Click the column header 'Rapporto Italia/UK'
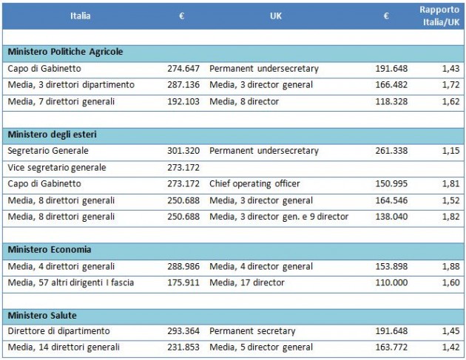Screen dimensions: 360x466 point(439,15)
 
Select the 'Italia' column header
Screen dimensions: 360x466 point(81,15)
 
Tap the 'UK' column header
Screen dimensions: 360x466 point(276,15)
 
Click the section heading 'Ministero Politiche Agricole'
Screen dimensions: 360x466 point(65,52)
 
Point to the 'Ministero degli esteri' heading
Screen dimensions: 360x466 point(53,135)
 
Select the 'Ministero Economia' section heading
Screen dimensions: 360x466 point(50,250)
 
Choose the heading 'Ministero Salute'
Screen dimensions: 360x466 point(42,316)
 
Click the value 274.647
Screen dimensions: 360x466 point(183,69)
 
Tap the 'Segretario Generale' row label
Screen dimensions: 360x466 point(49,151)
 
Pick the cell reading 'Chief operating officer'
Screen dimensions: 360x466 point(255,183)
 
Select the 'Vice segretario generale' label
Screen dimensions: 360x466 point(57,168)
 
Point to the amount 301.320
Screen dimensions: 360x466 point(183,151)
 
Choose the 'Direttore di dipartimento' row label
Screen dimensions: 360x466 point(58,331)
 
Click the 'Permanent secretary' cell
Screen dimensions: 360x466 point(252,331)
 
